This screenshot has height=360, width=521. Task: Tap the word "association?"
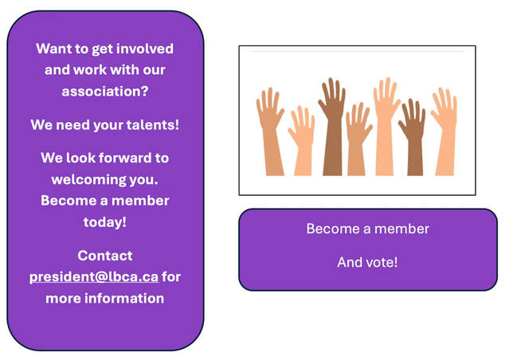click(x=105, y=92)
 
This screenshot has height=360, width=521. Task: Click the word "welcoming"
click(x=88, y=180)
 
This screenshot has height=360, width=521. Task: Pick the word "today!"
click(x=105, y=222)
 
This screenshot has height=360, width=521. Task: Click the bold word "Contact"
click(x=105, y=256)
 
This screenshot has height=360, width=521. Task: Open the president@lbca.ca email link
click(x=94, y=277)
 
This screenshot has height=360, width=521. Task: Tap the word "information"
click(x=124, y=298)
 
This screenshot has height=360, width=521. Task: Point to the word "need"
click(x=72, y=125)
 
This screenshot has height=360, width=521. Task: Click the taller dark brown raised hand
click(x=332, y=126)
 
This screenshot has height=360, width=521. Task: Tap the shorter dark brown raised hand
click(x=413, y=136)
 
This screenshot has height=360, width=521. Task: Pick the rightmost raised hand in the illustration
click(x=445, y=131)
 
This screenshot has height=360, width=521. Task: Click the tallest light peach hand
click(x=386, y=126)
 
